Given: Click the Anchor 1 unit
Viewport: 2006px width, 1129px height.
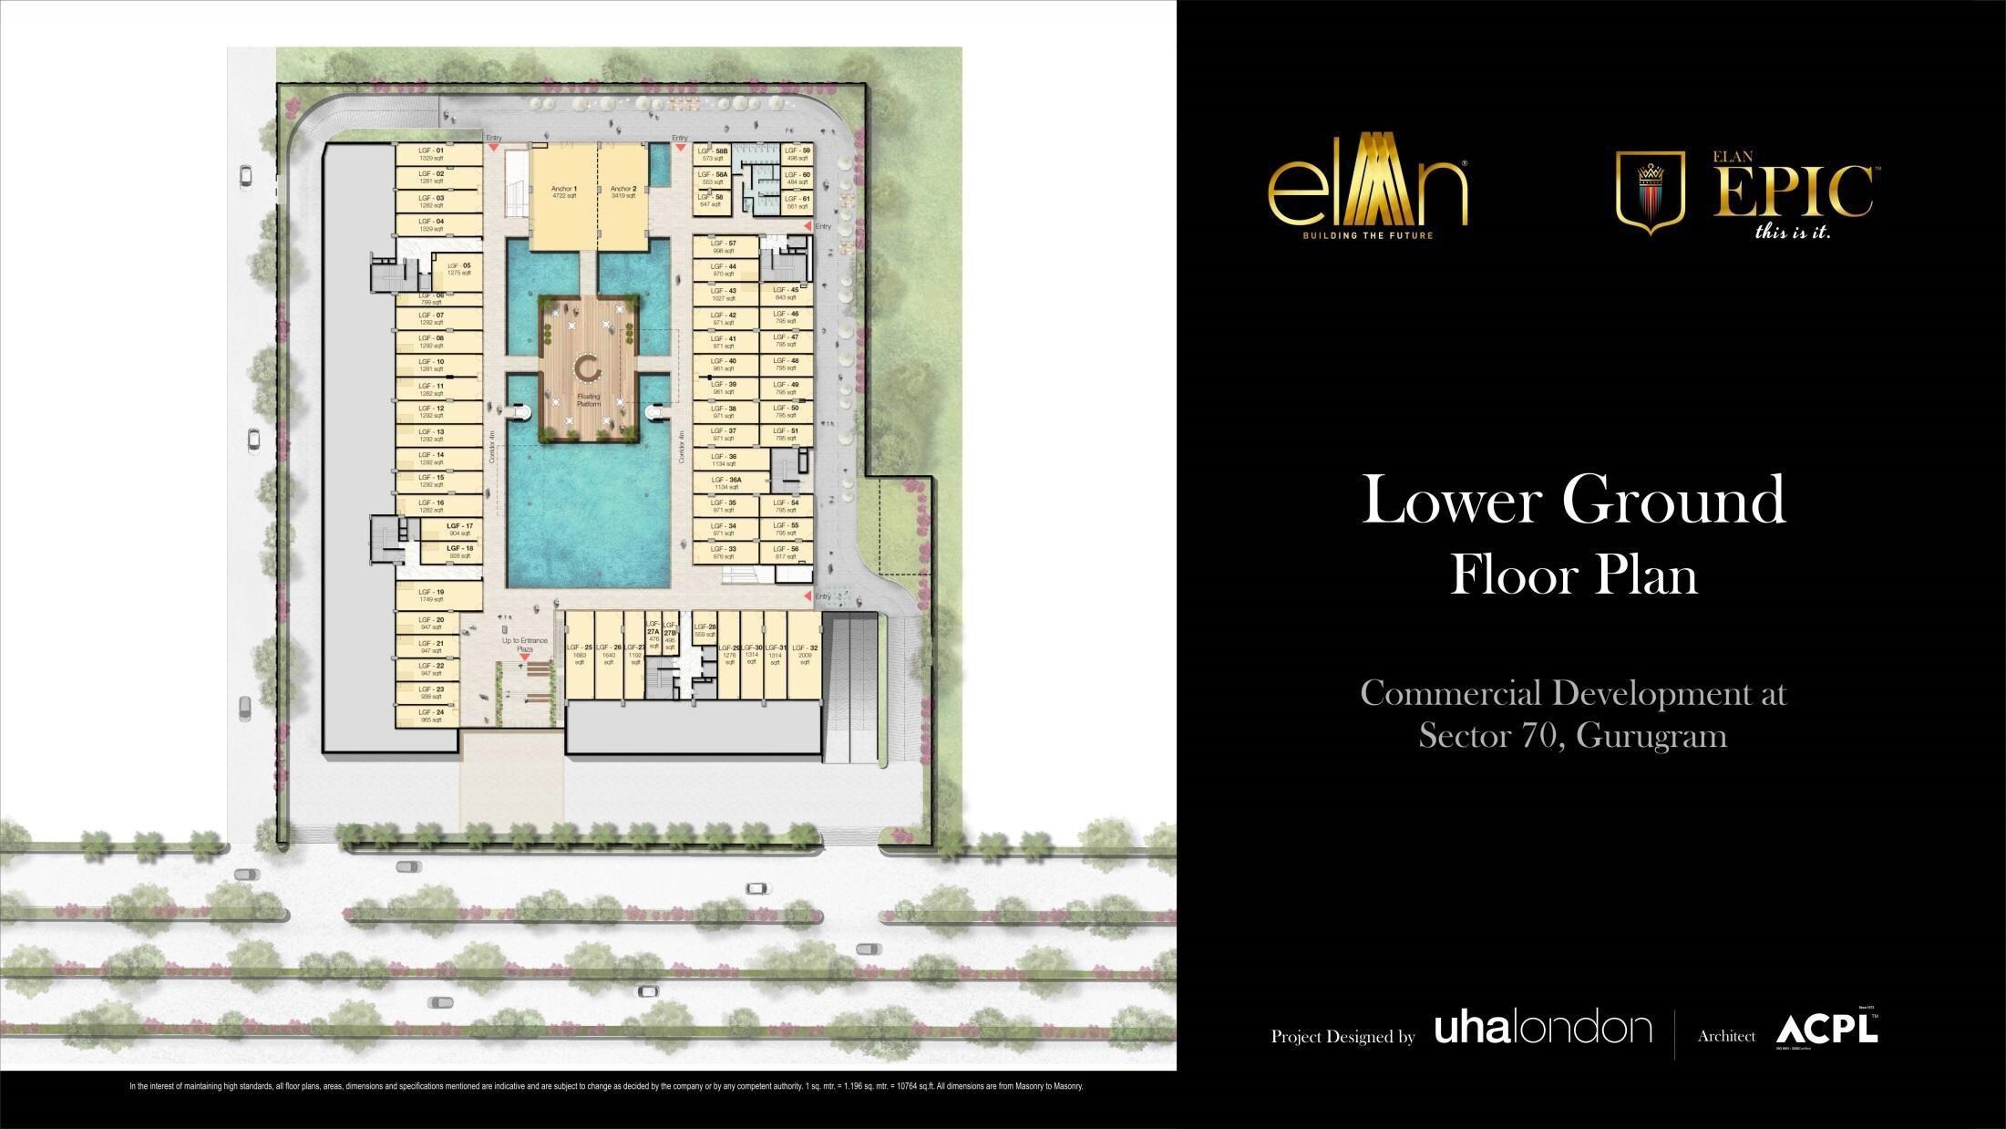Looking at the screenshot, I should pyautogui.click(x=563, y=192).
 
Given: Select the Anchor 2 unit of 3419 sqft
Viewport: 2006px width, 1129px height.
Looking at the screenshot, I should pyautogui.click(x=623, y=192).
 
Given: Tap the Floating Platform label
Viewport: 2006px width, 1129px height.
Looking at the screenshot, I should pyautogui.click(x=588, y=400).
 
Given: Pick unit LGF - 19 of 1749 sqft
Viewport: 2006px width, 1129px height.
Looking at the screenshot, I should pyautogui.click(x=437, y=596).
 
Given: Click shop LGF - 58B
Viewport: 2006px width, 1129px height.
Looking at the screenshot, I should pyautogui.click(x=713, y=153).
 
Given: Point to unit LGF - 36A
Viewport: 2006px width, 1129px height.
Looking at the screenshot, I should pyautogui.click(x=726, y=482).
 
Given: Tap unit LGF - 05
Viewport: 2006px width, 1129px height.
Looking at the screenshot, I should pyautogui.click(x=453, y=269).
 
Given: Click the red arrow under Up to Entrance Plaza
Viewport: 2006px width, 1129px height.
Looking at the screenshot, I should pyautogui.click(x=524, y=657).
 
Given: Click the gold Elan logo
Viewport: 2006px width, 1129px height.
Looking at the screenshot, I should pyautogui.click(x=1367, y=193).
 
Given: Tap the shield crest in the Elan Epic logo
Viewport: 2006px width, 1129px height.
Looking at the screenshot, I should pyautogui.click(x=1650, y=192).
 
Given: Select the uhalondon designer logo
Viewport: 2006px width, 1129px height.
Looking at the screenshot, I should pyautogui.click(x=1543, y=1029).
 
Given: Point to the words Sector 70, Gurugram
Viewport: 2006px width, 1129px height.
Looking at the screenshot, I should pyautogui.click(x=1572, y=735).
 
